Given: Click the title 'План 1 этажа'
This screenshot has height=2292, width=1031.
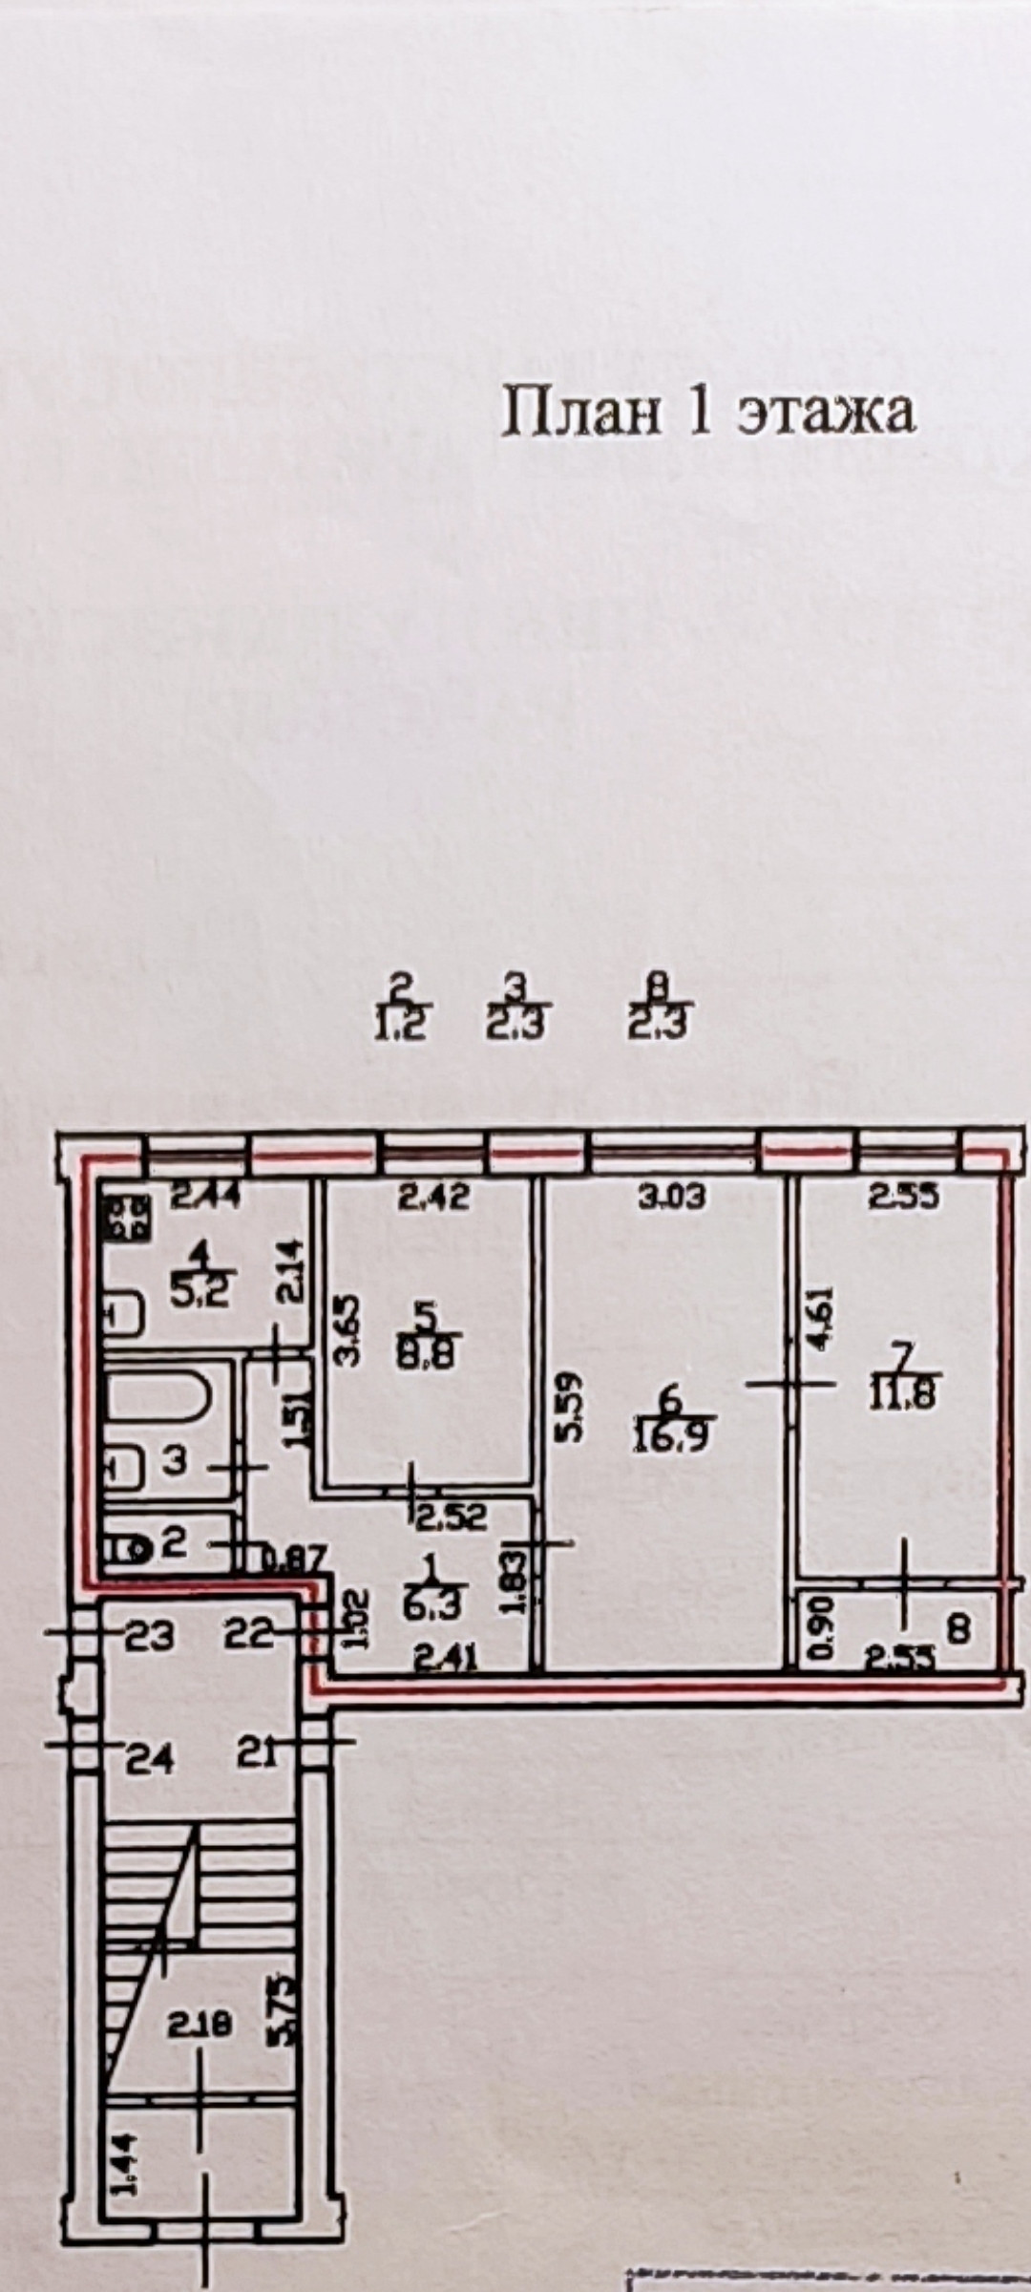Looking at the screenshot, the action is [707, 412].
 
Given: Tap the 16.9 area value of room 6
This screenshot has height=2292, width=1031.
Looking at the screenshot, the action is [668, 1438].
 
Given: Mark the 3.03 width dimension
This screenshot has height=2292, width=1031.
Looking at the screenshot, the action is [674, 1197].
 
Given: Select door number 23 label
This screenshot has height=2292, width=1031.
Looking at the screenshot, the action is [151, 1637].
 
